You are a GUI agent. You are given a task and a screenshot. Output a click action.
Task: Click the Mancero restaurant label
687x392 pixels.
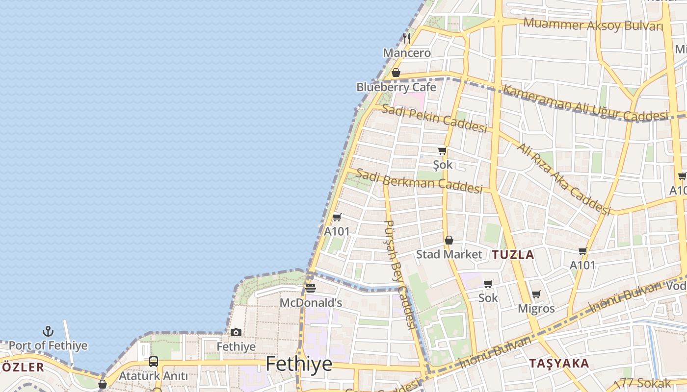(407, 52)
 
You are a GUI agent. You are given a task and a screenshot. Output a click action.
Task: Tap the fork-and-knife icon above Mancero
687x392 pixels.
(406, 37)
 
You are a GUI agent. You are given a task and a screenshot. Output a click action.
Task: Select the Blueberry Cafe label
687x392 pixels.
(396, 87)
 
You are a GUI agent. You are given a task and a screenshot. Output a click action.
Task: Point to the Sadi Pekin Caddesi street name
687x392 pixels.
(434, 118)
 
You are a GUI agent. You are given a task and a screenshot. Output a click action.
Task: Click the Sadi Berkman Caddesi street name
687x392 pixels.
(419, 181)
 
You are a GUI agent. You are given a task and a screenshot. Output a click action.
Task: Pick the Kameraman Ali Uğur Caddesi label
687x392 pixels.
(585, 103)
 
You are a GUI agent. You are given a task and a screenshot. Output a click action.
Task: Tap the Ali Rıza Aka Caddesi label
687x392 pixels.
(563, 179)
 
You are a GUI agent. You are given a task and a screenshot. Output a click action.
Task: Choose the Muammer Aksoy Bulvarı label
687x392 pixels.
(593, 24)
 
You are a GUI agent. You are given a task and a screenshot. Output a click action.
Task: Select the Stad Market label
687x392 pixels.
(449, 254)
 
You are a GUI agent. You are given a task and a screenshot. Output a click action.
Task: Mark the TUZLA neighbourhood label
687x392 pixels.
(513, 255)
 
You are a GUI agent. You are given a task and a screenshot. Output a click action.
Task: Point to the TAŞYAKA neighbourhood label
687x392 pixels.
(559, 364)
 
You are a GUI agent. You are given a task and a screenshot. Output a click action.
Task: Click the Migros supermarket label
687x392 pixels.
(536, 309)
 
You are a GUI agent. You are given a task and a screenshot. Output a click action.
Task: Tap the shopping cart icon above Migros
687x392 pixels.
(536, 294)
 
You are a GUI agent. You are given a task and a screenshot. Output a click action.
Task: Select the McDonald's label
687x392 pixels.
(311, 303)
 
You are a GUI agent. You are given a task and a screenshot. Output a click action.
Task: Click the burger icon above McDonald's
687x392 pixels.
(310, 288)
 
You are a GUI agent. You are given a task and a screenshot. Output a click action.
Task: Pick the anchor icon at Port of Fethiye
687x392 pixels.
(48, 332)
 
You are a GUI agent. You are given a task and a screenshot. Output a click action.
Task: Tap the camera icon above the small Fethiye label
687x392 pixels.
(236, 333)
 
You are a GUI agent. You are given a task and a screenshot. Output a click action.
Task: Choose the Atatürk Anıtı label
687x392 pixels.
(154, 376)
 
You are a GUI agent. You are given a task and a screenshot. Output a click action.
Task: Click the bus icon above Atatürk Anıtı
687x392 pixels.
(154, 362)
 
